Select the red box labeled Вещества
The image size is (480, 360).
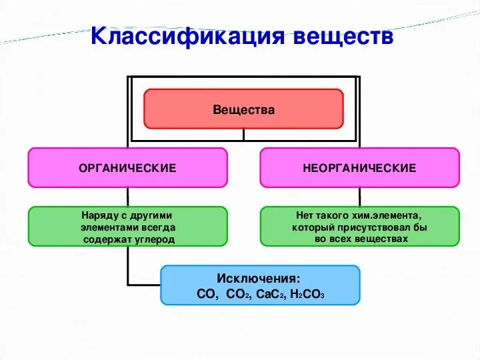pyautogui.click(x=243, y=109)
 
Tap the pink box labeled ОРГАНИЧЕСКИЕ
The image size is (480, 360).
pyautogui.click(x=127, y=168)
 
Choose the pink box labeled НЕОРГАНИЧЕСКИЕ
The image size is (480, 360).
pyautogui.click(x=359, y=168)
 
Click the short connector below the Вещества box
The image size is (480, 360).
pyautogui.click(x=243, y=134)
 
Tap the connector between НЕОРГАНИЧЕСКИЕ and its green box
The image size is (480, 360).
pyautogui.click(x=359, y=197)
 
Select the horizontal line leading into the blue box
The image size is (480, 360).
pyautogui.click(x=144, y=285)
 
